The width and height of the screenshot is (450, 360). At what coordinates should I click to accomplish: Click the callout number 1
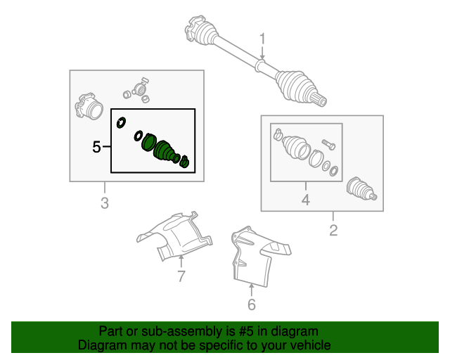(x=262, y=39)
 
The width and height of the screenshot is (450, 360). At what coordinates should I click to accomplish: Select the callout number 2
(x=333, y=230)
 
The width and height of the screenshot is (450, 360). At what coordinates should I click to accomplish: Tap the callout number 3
(x=105, y=203)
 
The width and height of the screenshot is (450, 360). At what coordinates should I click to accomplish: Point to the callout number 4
(x=306, y=200)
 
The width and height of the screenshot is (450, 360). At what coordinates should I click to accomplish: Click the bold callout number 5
(x=97, y=147)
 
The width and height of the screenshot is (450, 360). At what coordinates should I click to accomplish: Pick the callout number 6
(x=252, y=304)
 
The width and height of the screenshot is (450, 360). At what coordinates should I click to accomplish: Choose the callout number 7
(x=181, y=276)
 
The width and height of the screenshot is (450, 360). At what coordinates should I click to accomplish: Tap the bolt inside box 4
(x=328, y=144)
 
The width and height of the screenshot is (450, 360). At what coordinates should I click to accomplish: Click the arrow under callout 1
(x=262, y=54)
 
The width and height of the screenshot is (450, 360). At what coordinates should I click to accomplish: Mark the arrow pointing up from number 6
(x=252, y=290)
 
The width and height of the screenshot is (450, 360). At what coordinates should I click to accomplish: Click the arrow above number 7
(x=181, y=262)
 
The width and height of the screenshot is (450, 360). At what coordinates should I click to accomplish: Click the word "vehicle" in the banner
(x=312, y=345)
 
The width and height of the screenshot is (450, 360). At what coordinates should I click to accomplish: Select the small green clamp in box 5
(x=184, y=161)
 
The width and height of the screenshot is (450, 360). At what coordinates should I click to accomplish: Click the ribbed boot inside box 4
(x=296, y=147)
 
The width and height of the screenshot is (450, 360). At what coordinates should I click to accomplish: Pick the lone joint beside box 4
(x=361, y=189)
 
